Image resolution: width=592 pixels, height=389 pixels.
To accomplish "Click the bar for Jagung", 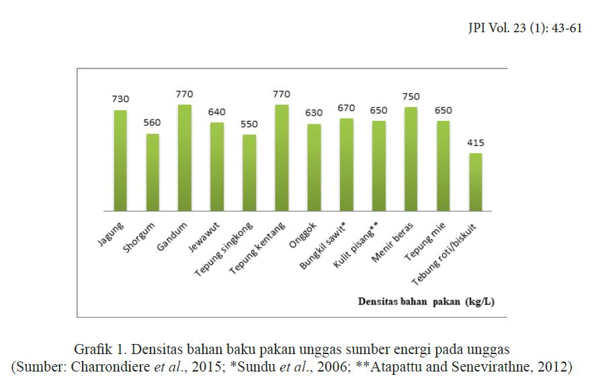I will point(120,161).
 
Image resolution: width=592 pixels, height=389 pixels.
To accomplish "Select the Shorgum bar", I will point(153,172).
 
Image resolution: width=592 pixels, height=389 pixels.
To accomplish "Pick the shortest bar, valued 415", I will point(475,182).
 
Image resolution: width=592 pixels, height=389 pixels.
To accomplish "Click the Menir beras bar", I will point(411,159).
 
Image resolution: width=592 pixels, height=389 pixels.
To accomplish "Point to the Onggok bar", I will point(314,167).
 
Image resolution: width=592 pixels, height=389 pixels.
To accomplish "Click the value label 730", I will point(120,99).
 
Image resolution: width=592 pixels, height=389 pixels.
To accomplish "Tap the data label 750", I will point(411,96).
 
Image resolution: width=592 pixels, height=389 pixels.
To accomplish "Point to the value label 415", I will point(475,142).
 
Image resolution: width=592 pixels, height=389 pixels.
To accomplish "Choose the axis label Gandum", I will point(173,232).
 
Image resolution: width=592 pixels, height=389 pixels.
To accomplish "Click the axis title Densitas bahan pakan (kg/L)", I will point(425,302).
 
